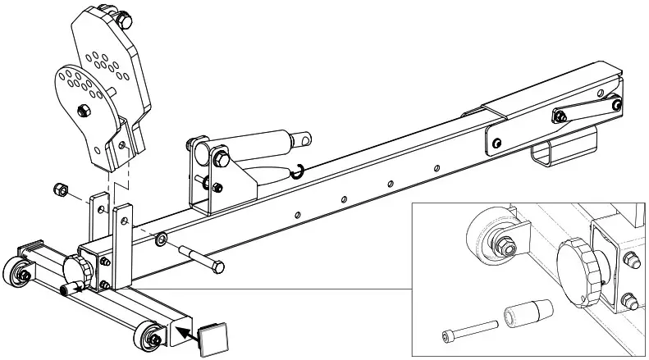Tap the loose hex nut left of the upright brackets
[60, 190]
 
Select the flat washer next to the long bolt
[162, 239]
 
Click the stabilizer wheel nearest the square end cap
[151, 335]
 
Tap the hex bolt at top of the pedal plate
[124, 17]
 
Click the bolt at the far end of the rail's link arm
[616, 103]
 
